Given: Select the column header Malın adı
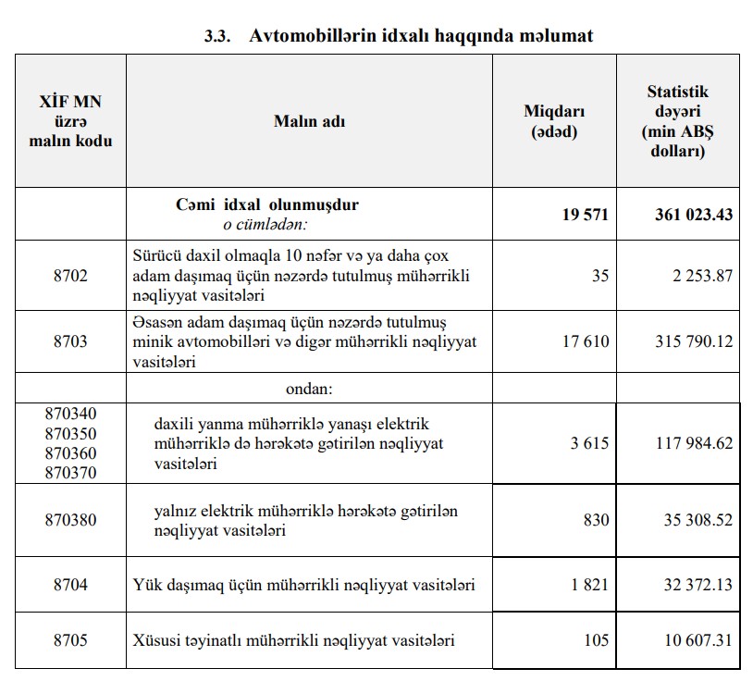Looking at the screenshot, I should (x=309, y=120).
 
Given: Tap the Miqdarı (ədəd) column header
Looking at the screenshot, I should (x=554, y=120).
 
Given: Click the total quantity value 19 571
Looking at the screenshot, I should (x=585, y=215).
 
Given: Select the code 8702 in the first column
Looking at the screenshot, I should (x=69, y=275).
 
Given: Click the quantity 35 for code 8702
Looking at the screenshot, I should (x=599, y=275).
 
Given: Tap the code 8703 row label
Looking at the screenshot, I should (x=69, y=341).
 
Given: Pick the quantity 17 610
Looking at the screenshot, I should (x=586, y=341).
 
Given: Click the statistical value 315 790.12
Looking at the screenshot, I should (x=692, y=341).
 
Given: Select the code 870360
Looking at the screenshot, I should (x=70, y=452).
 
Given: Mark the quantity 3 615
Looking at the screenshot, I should (x=589, y=443).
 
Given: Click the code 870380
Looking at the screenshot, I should (x=70, y=520).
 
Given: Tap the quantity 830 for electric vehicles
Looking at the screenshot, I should (x=595, y=520).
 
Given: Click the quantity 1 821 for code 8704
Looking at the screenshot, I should (x=589, y=585).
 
